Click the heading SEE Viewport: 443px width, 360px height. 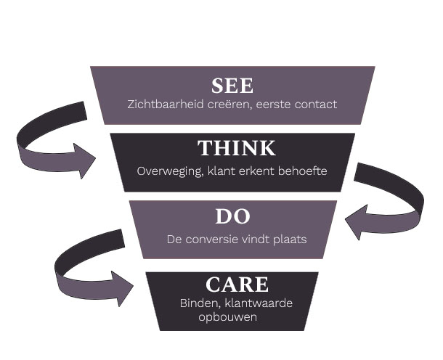[x=232, y=86]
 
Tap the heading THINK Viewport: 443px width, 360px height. [x=236, y=149]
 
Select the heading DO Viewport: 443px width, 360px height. [x=232, y=216]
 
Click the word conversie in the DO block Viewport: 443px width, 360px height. [x=204, y=238]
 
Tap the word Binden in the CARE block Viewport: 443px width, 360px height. [x=198, y=303]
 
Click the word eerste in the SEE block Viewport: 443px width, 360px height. [x=272, y=105]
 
